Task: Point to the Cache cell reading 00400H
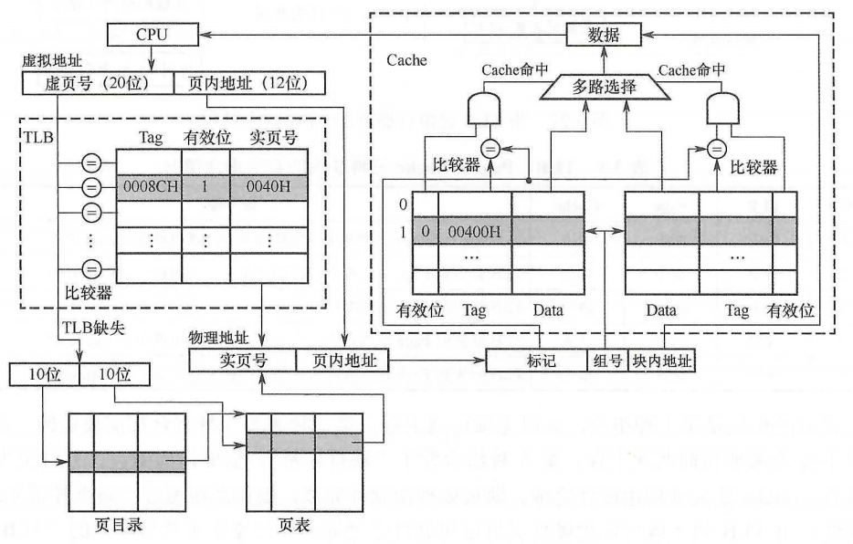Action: pyautogui.click(x=474, y=230)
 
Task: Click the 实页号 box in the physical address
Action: pyautogui.click(x=242, y=361)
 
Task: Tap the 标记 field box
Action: pyautogui.click(x=535, y=361)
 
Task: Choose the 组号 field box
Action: pyautogui.click(x=606, y=361)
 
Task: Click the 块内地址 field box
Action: pyautogui.click(x=661, y=361)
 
